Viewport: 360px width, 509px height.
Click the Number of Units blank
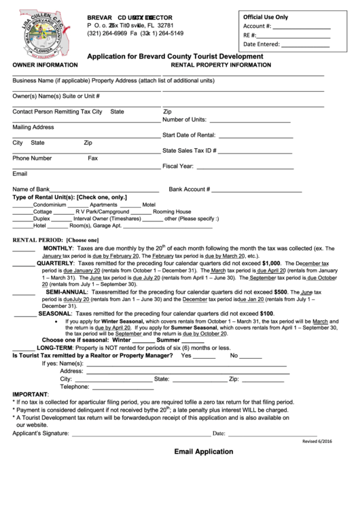coord(249,120)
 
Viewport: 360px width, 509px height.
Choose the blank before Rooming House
coord(141,212)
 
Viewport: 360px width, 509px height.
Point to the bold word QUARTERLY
coord(55,263)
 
